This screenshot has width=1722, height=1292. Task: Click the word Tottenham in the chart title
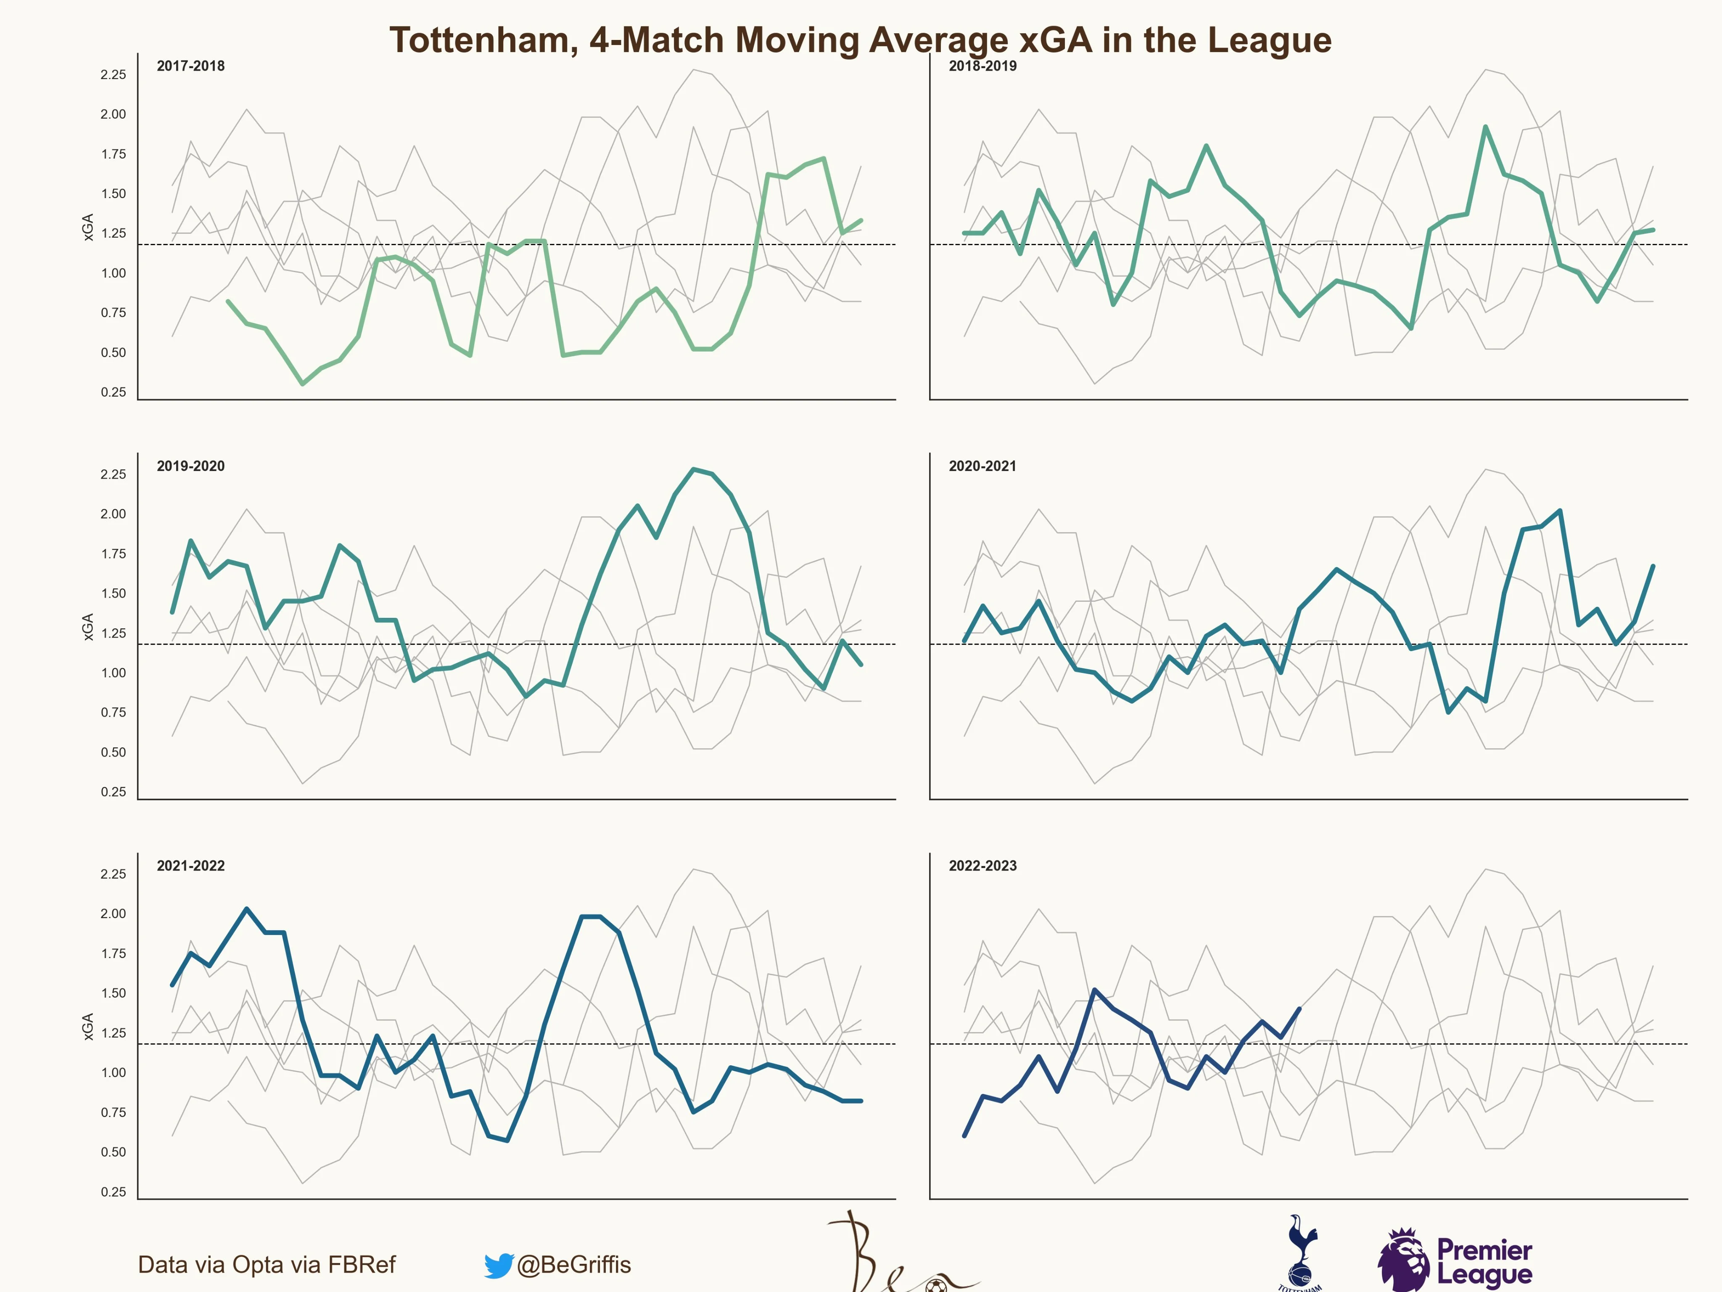483,40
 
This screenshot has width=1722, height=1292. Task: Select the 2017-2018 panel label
191,66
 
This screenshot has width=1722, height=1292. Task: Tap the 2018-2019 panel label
982,66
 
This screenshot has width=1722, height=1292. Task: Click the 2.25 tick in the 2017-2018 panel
113,75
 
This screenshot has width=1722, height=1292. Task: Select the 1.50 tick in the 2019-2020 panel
113,593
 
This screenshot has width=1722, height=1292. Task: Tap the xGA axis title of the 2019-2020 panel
88,627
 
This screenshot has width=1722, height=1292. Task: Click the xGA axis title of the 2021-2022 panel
88,1027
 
